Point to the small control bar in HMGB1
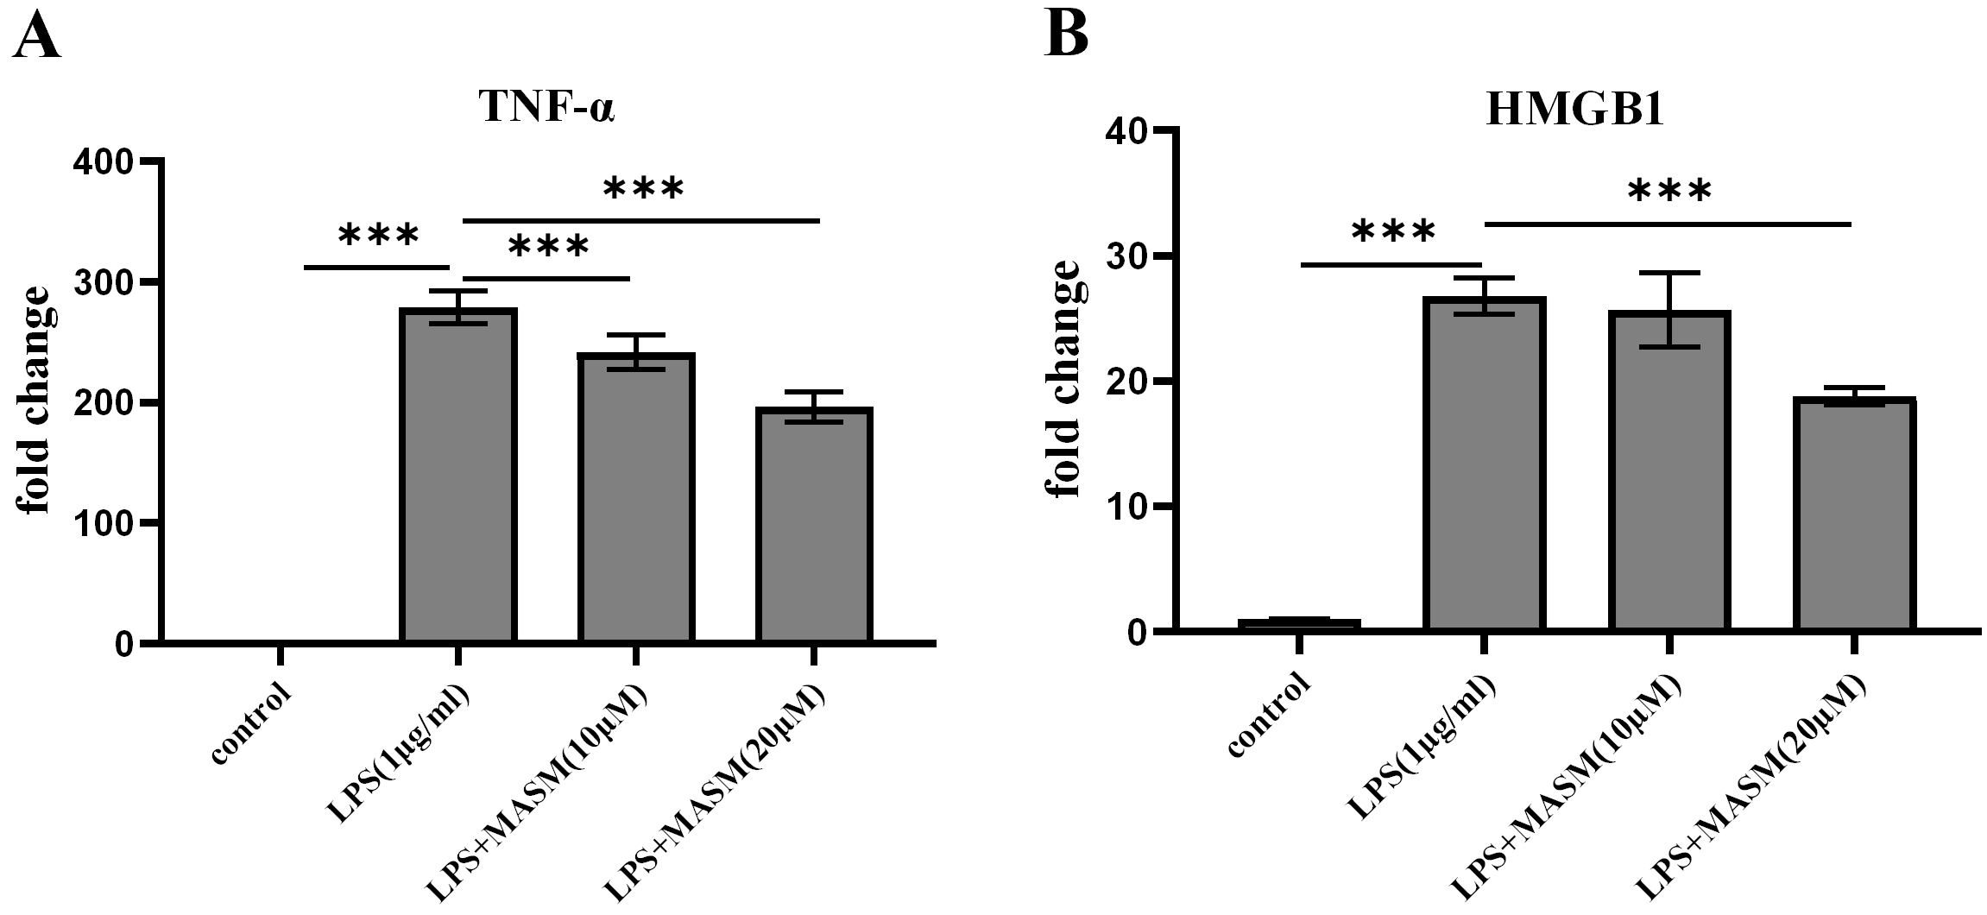[x=1299, y=623]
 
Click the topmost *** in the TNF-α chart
[x=643, y=189]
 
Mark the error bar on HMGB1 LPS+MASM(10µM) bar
[x=1669, y=310]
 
